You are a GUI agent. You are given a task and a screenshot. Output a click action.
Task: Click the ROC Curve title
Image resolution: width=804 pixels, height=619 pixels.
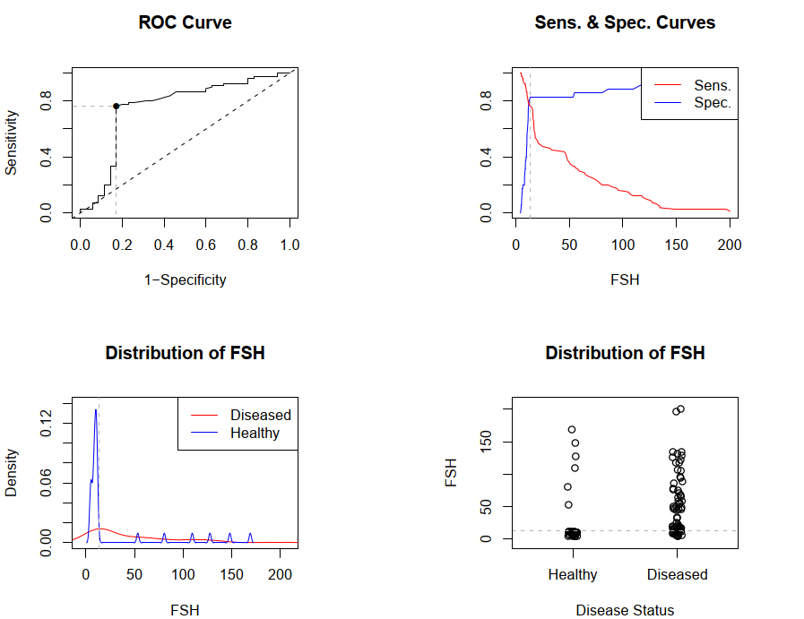tap(185, 22)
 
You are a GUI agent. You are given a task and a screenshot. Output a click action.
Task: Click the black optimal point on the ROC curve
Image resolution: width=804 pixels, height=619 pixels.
tap(116, 106)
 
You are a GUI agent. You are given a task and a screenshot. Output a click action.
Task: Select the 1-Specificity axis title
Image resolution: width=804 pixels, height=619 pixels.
tap(185, 279)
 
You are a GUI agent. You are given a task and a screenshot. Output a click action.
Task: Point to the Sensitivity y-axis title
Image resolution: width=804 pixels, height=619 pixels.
tap(12, 142)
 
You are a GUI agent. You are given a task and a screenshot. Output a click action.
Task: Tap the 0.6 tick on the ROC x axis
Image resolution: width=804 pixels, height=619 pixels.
tap(206, 245)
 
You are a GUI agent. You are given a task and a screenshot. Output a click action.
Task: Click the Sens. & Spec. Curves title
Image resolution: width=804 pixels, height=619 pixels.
tap(625, 22)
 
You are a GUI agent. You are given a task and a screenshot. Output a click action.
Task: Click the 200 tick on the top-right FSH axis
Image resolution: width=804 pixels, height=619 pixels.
tap(730, 245)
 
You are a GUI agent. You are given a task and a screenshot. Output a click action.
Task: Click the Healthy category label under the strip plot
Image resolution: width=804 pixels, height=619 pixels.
tap(573, 574)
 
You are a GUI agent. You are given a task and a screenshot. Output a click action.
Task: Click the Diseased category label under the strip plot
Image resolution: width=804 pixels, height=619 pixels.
tap(678, 574)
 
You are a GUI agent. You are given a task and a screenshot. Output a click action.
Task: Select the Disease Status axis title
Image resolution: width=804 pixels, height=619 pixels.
tap(625, 610)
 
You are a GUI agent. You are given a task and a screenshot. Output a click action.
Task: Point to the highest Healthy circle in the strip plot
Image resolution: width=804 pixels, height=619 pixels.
tap(571, 430)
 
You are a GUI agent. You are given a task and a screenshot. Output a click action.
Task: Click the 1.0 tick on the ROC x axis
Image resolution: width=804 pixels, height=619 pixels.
tap(290, 245)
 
